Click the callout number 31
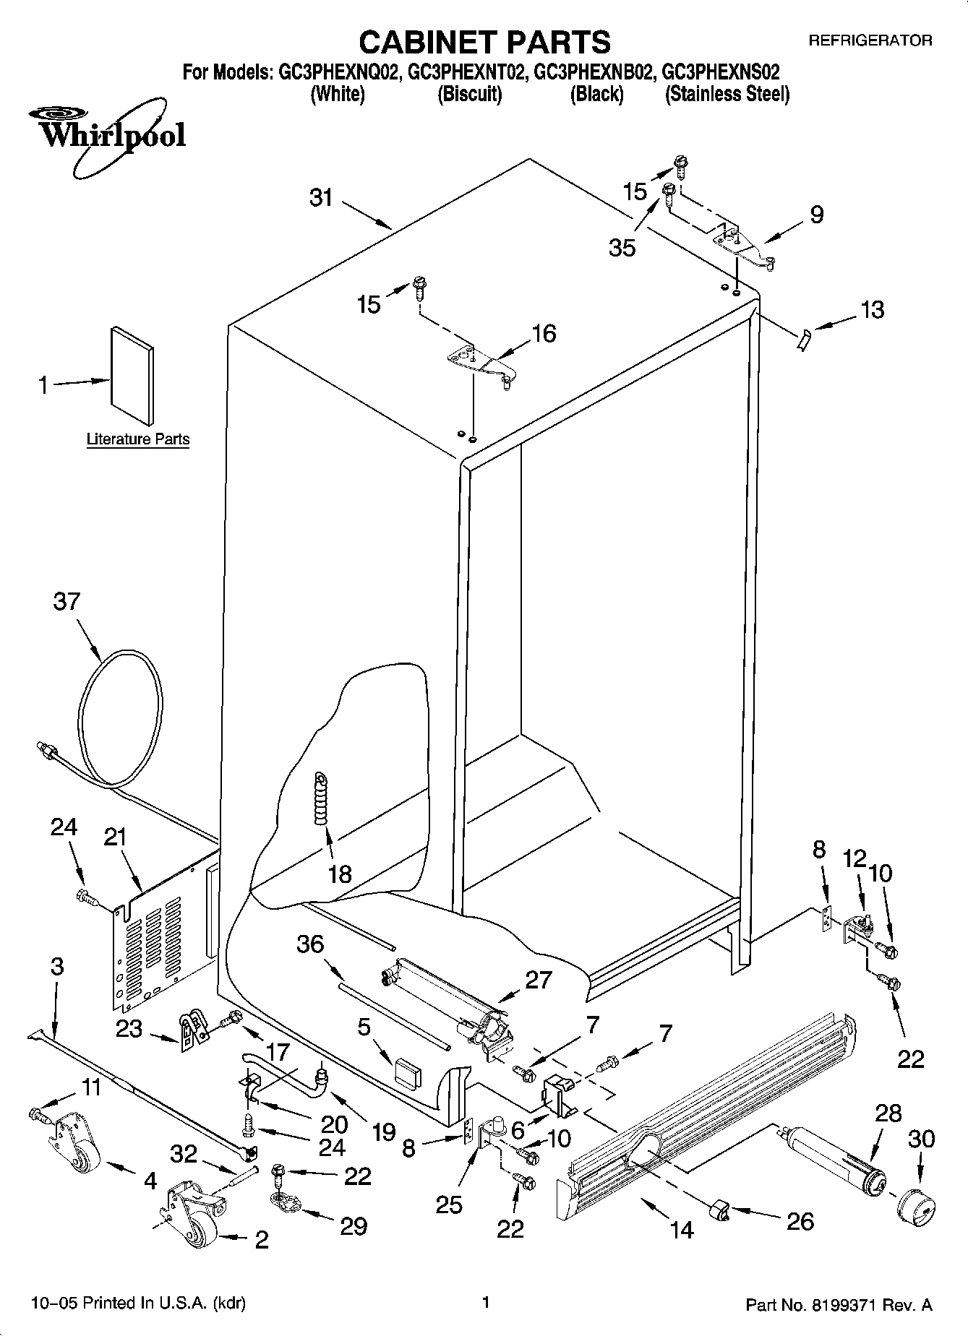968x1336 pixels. [321, 197]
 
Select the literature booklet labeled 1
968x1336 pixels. [132, 376]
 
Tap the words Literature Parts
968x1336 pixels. [138, 439]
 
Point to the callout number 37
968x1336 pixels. [67, 601]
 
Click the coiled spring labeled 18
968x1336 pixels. [320, 798]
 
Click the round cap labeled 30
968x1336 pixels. [916, 1205]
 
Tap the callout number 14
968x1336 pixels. [682, 1228]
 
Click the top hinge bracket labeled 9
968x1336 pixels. [744, 245]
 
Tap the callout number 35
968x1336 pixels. [622, 248]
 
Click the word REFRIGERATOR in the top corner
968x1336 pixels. [870, 41]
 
